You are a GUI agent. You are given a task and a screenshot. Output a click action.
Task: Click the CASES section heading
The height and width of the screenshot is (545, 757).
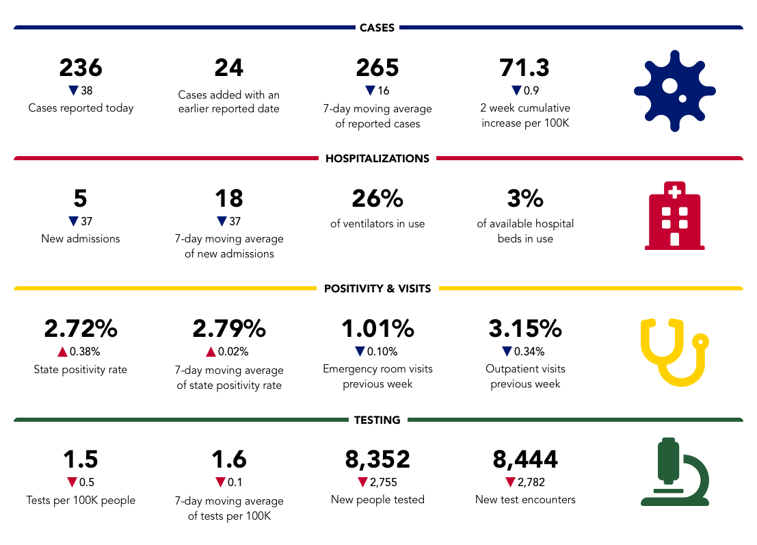[x=377, y=28]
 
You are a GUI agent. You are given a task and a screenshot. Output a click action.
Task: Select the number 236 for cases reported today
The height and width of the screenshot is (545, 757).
[x=81, y=68]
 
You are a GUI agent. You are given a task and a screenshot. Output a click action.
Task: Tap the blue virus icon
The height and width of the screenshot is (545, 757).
[x=674, y=90]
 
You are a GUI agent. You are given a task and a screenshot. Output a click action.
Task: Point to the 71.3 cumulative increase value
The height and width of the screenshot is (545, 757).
[x=525, y=68]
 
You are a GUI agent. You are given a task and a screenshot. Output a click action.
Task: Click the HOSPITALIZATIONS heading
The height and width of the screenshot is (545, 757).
[x=377, y=158]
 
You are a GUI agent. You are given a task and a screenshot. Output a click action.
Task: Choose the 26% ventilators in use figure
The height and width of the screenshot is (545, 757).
[x=377, y=199]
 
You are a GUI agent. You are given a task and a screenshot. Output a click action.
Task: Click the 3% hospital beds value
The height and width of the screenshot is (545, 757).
[x=525, y=199]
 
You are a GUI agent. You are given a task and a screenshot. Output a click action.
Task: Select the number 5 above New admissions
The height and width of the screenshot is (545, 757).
[x=81, y=199]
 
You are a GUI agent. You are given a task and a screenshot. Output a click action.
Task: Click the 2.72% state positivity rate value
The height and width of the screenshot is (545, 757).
[x=81, y=329]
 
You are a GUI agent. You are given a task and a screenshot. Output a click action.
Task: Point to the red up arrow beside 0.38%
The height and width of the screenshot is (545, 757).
[x=62, y=352]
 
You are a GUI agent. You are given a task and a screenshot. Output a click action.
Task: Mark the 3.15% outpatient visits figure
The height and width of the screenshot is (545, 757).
[x=525, y=329]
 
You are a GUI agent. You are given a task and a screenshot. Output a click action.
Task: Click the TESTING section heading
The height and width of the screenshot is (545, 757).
[x=377, y=420]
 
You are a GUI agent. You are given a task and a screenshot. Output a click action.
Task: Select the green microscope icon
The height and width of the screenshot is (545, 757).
[x=674, y=473]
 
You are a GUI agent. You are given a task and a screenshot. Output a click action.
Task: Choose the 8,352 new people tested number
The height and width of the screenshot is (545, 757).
[x=377, y=459]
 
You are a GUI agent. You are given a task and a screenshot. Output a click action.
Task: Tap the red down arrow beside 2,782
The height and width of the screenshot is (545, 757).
[x=510, y=482]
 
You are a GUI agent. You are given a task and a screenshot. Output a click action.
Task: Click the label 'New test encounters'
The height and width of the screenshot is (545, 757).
[x=525, y=500]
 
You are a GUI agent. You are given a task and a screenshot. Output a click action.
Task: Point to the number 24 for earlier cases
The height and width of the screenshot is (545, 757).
[x=228, y=68]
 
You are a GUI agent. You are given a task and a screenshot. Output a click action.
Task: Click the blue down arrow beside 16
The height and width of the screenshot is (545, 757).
[x=370, y=90]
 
